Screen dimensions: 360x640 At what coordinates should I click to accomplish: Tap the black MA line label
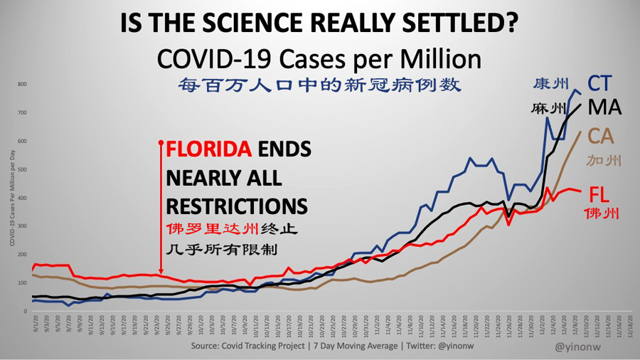pos(604,108)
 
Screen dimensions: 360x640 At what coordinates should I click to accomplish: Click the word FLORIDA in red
pos(208,149)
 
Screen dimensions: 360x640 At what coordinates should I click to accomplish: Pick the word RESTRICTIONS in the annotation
pos(237,206)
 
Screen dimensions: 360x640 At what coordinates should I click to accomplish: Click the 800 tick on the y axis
pos(22,85)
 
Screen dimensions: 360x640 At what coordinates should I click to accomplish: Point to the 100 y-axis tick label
pos(22,283)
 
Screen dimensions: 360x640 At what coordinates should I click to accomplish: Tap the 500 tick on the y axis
pos(22,170)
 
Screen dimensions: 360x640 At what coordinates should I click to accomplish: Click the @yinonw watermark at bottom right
pos(580,347)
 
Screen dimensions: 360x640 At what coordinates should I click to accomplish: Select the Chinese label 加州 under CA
pos(603,162)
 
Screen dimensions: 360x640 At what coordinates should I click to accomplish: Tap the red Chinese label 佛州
pos(602,213)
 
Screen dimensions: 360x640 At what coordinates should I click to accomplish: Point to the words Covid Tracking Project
pos(267,346)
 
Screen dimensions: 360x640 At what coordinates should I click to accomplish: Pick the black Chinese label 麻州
pos(548,110)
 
